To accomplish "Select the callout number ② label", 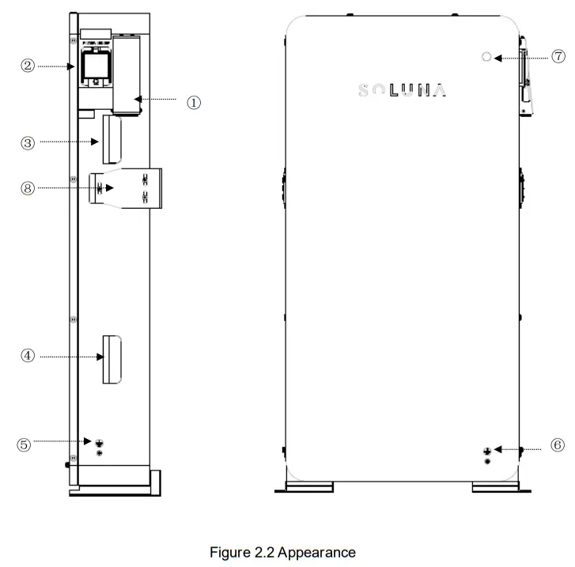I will pos(27,66).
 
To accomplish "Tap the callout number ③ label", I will pos(27,143).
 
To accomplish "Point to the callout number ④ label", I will pos(27,357).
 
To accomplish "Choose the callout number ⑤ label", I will pos(24,444).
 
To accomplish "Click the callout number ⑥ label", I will pos(558,446).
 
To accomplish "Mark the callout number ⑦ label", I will pos(558,56).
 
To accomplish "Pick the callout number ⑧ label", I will pos(27,187).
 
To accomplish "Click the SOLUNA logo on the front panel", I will pos(402,89).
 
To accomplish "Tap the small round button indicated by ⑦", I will pos(486,57).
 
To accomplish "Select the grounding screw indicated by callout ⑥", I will pos(488,451).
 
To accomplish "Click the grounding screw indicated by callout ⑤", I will pos(99,444).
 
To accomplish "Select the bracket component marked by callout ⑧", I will pos(127,188).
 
